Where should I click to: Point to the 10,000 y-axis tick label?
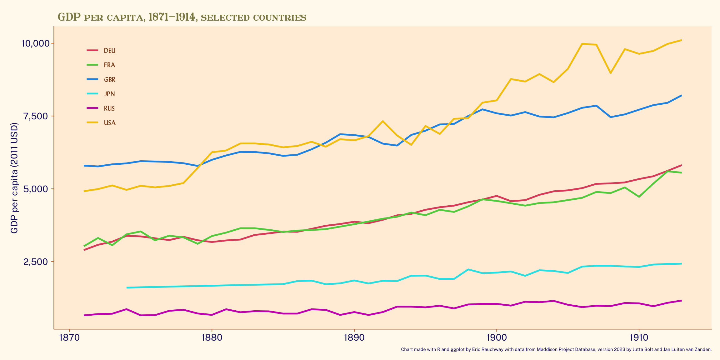click(35, 43)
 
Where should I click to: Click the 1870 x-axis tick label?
click(69, 338)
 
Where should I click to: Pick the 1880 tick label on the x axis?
click(212, 338)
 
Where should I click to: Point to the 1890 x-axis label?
click(354, 338)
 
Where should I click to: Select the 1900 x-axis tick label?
click(496, 338)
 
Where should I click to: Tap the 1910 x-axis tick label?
click(639, 338)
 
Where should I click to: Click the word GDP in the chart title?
click(69, 17)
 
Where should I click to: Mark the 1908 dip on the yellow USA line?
click(610, 73)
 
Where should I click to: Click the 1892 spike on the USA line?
click(382, 121)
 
